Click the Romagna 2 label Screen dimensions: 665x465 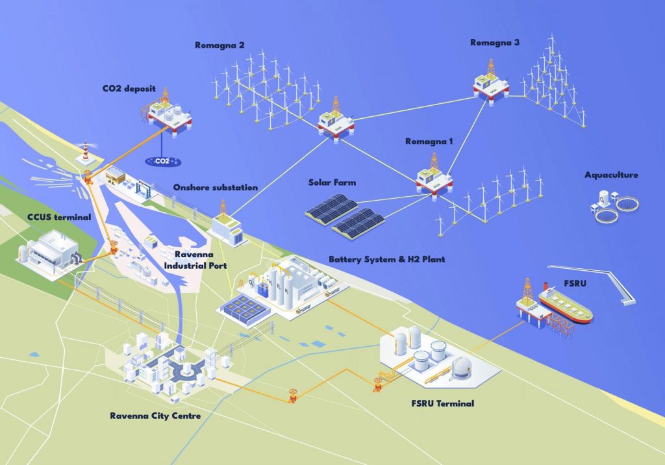tap(220, 45)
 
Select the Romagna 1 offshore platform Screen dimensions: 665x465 tap(434, 177)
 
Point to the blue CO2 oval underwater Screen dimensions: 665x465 tap(163, 161)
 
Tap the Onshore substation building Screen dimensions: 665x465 tap(228, 225)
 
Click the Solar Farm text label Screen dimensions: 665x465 tap(332, 183)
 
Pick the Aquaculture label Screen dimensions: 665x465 tap(611, 175)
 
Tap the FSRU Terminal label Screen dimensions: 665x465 tap(443, 403)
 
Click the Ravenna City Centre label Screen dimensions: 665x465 tap(155, 416)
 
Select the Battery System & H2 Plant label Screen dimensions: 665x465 tap(387, 259)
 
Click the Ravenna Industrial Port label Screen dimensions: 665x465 tap(195, 260)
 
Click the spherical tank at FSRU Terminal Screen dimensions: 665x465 tap(462, 365)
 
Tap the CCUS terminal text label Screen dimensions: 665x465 tap(59, 217)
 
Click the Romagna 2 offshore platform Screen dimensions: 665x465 tap(336, 121)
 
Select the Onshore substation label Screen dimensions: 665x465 tap(216, 188)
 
